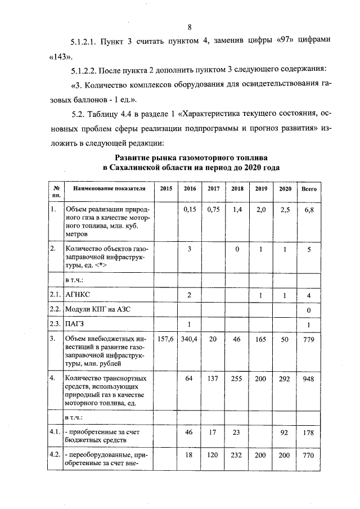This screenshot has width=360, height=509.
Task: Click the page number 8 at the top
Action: (x=190, y=27)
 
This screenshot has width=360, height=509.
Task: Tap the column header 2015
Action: (x=166, y=189)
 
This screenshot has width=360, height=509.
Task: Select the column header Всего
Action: (x=309, y=189)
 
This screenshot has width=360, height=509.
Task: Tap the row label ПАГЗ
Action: (x=76, y=324)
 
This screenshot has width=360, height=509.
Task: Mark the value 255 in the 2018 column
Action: (x=237, y=379)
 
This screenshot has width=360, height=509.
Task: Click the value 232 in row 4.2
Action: (x=237, y=455)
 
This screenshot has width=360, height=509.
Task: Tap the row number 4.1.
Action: (x=55, y=432)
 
